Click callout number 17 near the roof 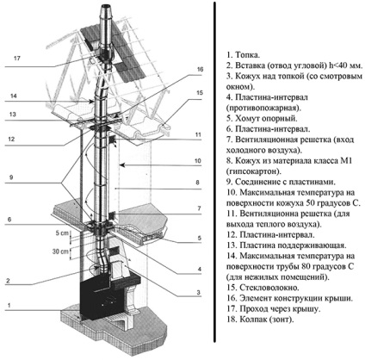click(x=17, y=59)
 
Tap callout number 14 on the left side click(x=13, y=96)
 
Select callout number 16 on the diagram click(x=200, y=69)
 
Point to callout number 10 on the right click(x=198, y=161)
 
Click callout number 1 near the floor click(x=9, y=305)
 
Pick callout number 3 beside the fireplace click(x=198, y=293)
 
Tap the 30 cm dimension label click(x=60, y=251)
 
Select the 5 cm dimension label click(x=62, y=233)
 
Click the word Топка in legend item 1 click(x=248, y=55)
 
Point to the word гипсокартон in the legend click(x=254, y=171)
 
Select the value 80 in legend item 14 click(x=306, y=266)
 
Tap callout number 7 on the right click(x=200, y=208)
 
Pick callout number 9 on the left click(x=11, y=177)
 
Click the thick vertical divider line click(x=214, y=172)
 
